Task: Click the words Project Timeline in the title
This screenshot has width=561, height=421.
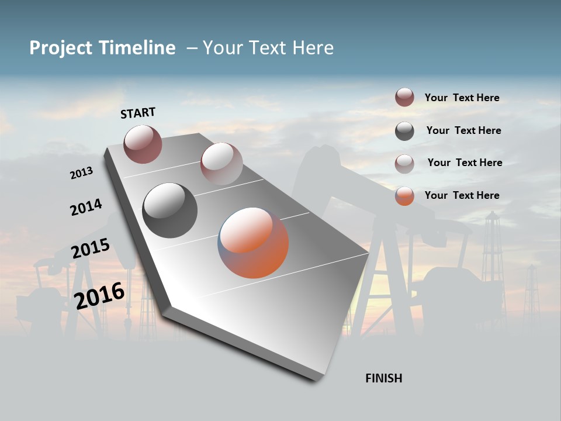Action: pos(102,48)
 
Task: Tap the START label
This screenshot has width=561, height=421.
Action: pos(138,113)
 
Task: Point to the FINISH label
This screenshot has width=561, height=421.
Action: pos(383,378)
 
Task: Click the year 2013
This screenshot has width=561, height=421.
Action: pos(82,173)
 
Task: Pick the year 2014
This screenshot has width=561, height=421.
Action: pos(86,207)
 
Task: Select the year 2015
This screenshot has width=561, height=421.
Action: pos(91,249)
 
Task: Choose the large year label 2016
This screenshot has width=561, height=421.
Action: pos(99,295)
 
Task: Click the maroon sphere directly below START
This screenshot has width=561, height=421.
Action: pos(143,144)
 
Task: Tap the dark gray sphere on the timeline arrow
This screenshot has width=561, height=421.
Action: pos(169,210)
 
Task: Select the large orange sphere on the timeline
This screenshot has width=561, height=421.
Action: pos(253,243)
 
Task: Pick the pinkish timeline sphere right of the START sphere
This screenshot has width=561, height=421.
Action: pos(221,163)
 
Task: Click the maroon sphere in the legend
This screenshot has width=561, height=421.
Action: pos(404,98)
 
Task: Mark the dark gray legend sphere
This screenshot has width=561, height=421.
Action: pos(404,131)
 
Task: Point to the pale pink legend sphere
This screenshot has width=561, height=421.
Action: pos(404,164)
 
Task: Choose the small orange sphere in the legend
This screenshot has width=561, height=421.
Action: pos(404,196)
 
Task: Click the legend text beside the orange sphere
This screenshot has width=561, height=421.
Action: pos(462,195)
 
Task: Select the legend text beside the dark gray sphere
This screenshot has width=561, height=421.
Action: pos(463,130)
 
